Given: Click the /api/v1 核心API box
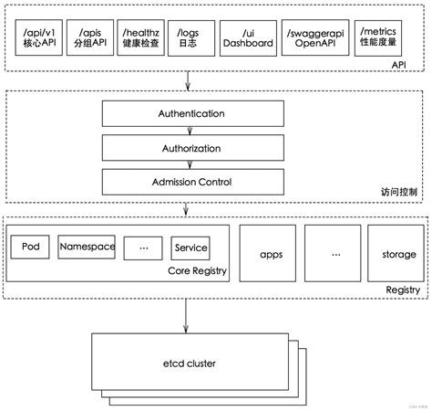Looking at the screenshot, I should (35, 38).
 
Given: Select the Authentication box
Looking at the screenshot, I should (179, 115).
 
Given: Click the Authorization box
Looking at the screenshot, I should (179, 148).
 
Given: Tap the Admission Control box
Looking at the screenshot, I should (179, 182).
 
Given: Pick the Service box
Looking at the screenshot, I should (190, 248).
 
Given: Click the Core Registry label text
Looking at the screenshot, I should (196, 270).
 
